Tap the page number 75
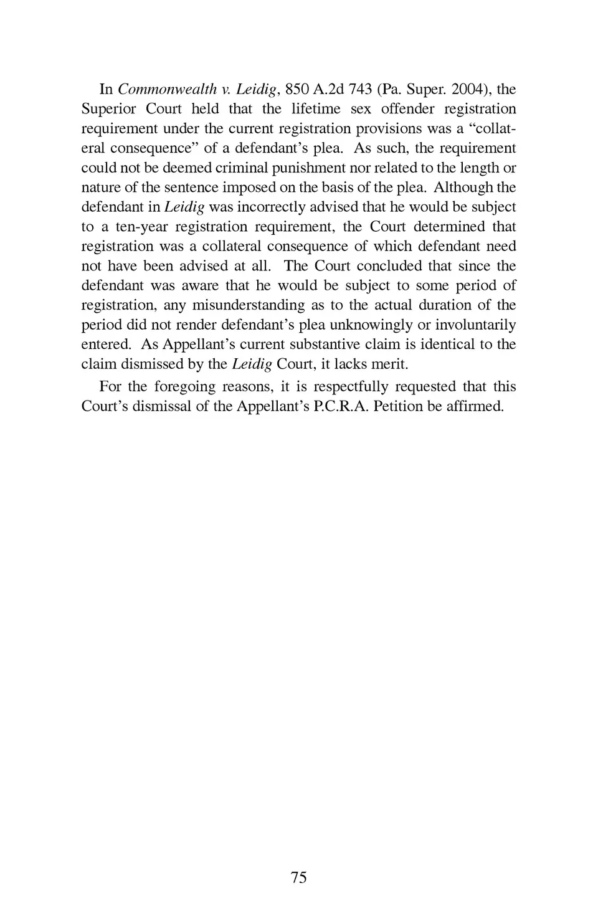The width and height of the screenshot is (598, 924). click(299, 877)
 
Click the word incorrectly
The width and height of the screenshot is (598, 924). click(273, 207)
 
